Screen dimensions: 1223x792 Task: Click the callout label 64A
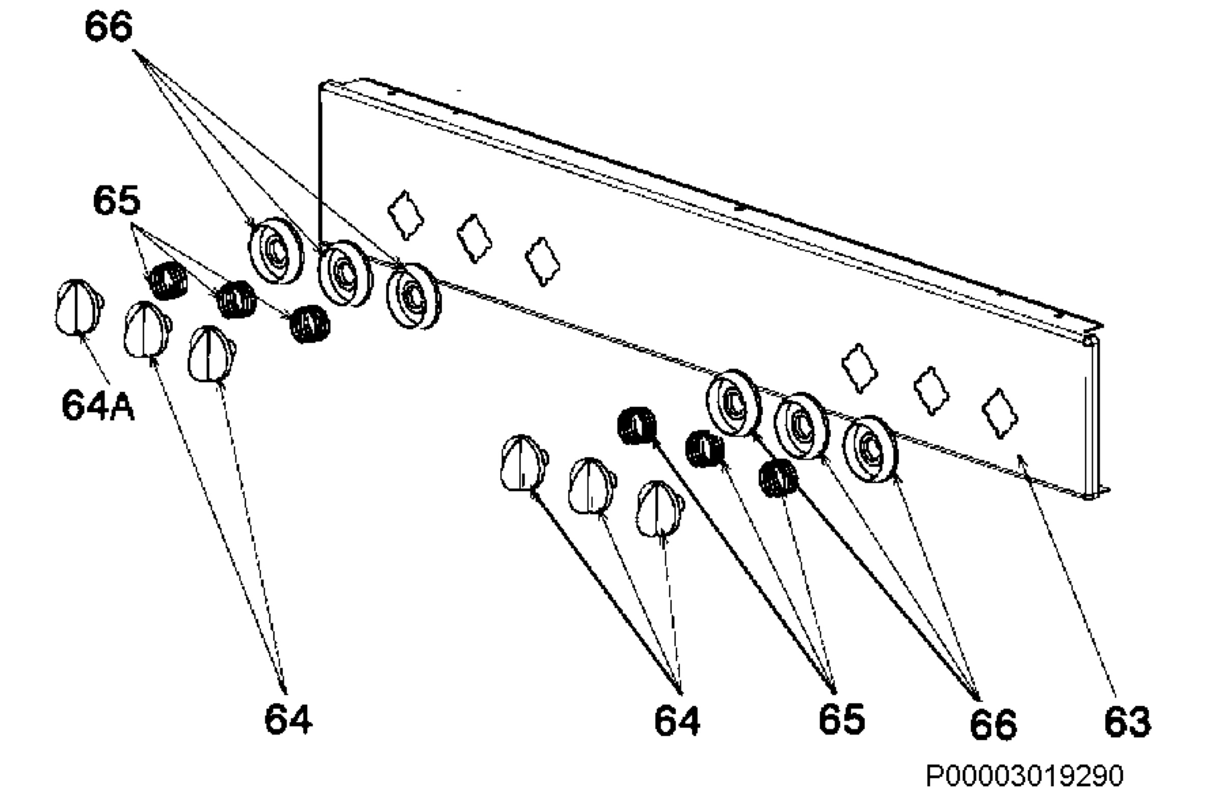pyautogui.click(x=98, y=405)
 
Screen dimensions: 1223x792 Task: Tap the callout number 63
pyautogui.click(x=1128, y=722)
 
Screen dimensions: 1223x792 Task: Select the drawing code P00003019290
pyautogui.click(x=1024, y=775)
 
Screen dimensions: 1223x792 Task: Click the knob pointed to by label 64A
pyautogui.click(x=78, y=307)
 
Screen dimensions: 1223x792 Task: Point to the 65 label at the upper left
pyautogui.click(x=116, y=200)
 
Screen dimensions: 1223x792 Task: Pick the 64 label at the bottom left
pyautogui.click(x=288, y=719)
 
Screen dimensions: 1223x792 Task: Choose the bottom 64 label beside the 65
pyautogui.click(x=677, y=721)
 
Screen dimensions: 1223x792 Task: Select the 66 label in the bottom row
pyautogui.click(x=993, y=724)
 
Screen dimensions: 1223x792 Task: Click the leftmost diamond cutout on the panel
pyautogui.click(x=406, y=216)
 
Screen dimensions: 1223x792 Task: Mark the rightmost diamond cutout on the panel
pyautogui.click(x=999, y=414)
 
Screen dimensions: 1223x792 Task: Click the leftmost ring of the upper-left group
pyautogui.click(x=277, y=250)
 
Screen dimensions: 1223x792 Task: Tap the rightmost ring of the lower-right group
pyautogui.click(x=870, y=449)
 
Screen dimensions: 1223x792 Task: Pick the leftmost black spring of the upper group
pyautogui.click(x=168, y=281)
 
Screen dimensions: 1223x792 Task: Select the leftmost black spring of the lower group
pyautogui.click(x=637, y=426)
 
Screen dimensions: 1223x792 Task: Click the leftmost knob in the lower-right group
pyautogui.click(x=524, y=463)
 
